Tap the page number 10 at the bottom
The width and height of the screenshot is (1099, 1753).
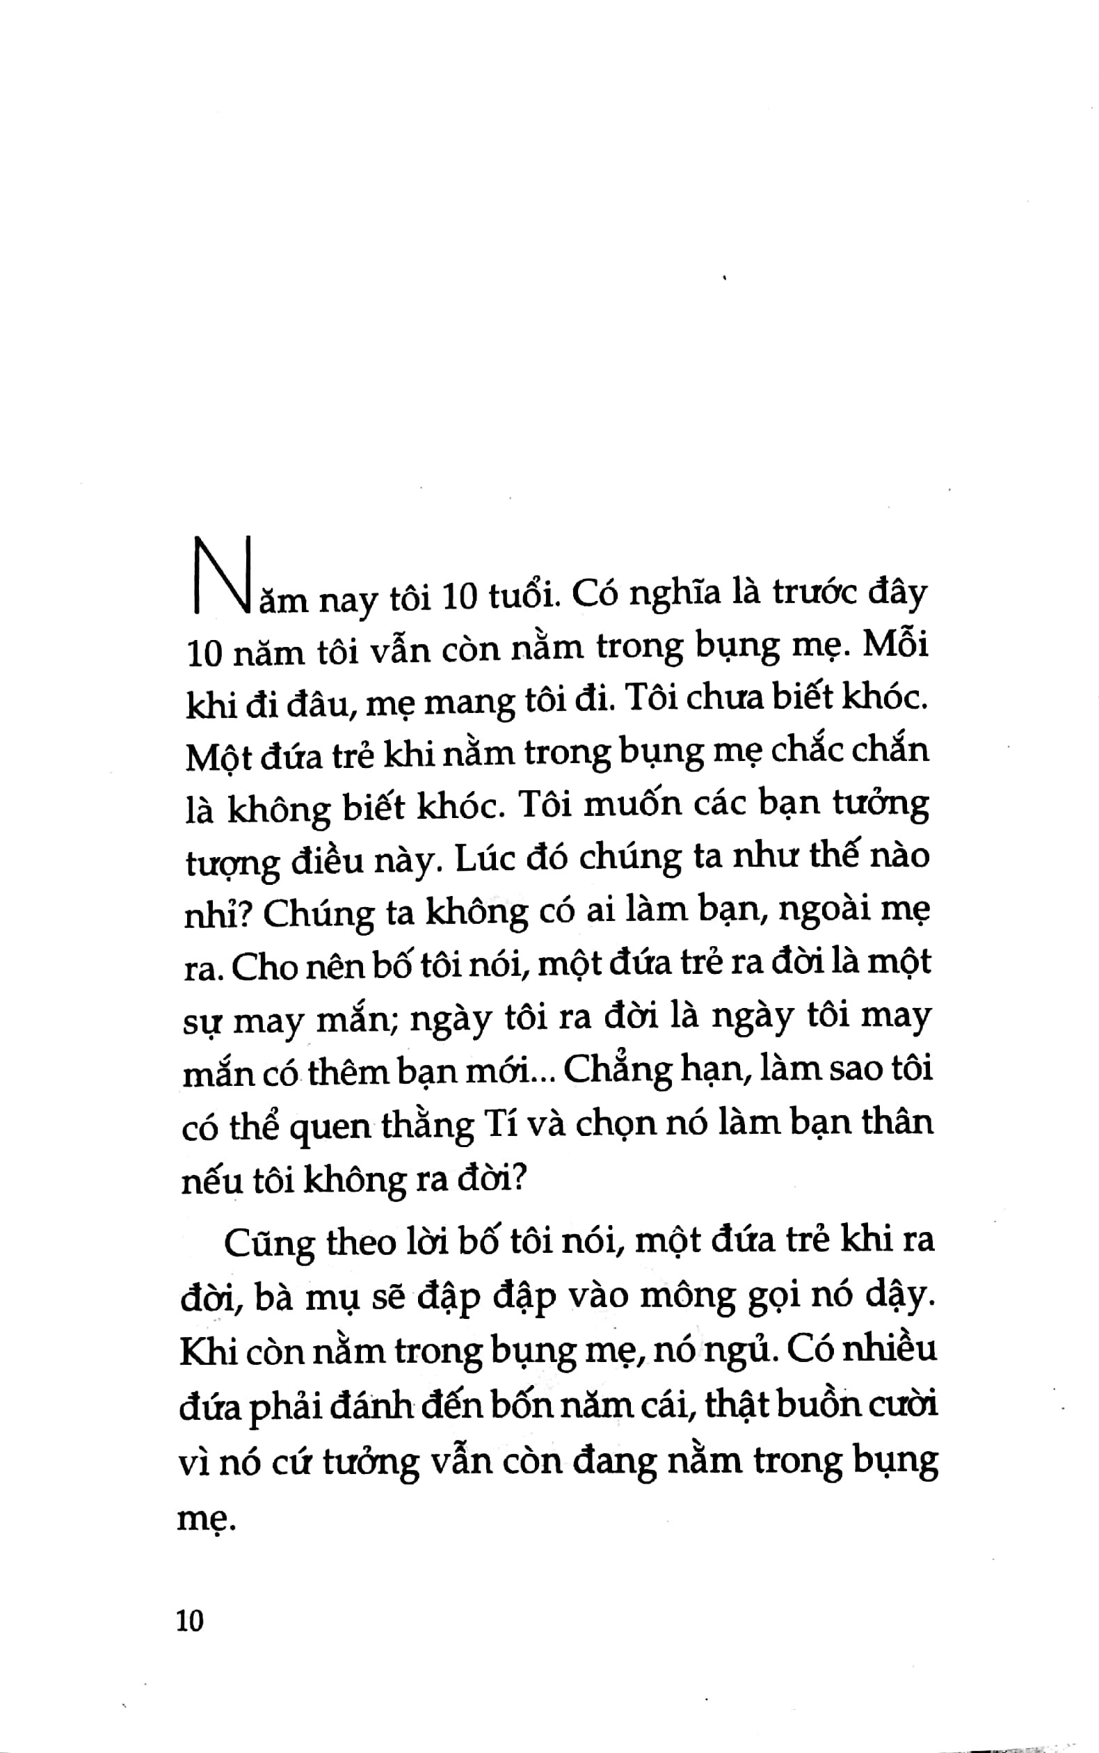coord(191,1621)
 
